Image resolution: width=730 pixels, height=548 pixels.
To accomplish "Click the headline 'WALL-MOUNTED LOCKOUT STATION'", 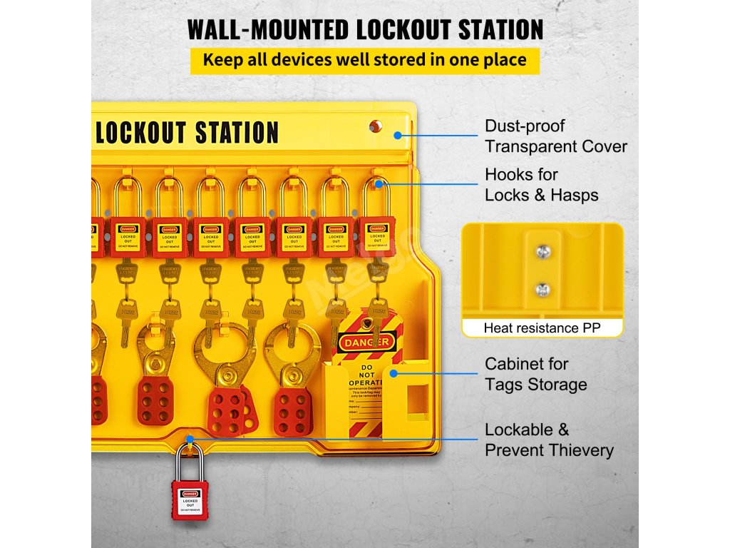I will point(365,29).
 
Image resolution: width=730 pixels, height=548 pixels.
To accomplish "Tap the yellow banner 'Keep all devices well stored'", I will point(364,59).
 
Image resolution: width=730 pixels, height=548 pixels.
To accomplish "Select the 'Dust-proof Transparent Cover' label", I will point(555,136).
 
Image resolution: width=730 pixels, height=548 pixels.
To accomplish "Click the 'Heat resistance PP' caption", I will point(542,328).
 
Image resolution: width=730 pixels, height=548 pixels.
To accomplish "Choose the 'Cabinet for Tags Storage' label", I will point(535,374).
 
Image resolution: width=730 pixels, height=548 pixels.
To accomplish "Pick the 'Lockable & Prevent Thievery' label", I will point(548,440).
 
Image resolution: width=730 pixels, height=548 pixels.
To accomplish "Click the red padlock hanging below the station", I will point(190,499).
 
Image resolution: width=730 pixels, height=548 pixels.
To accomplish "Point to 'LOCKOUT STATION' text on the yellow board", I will point(187,133).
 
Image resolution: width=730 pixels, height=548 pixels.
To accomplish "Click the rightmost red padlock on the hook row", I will point(377,236).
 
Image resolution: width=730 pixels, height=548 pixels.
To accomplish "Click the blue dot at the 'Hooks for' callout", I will point(386,185).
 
